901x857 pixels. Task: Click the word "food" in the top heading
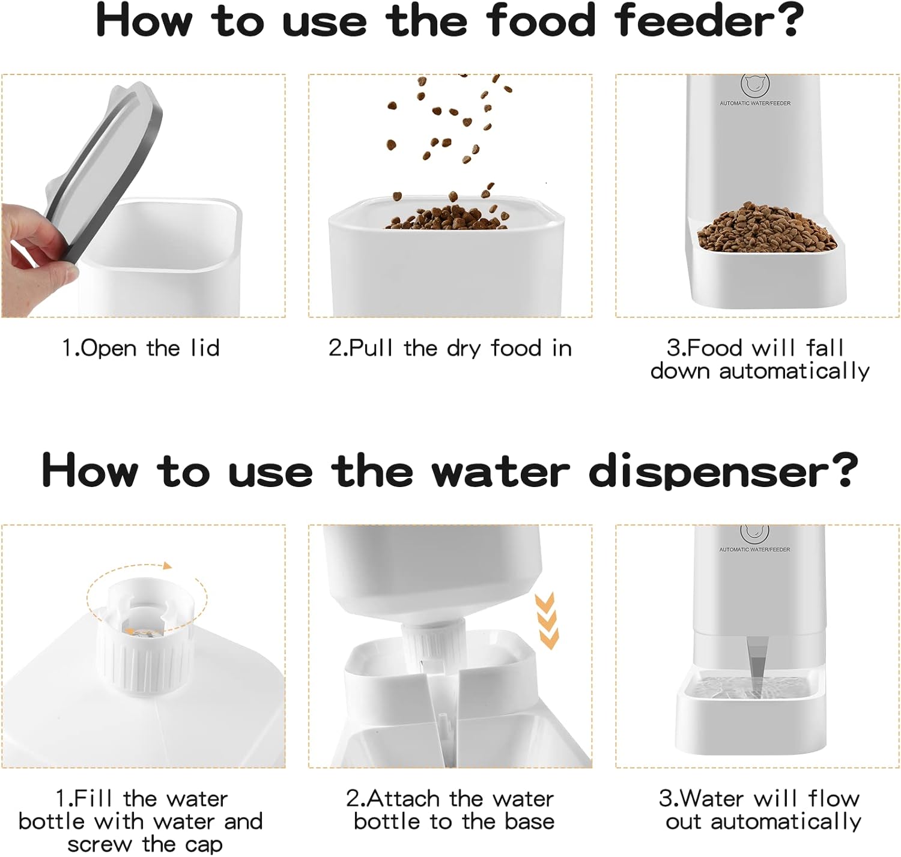pyautogui.click(x=541, y=20)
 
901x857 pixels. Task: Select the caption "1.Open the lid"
pyautogui.click(x=141, y=348)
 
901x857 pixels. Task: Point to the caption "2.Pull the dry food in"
pyautogui.click(x=450, y=348)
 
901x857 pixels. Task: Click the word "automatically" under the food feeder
pyautogui.click(x=793, y=371)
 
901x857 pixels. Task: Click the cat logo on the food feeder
pyautogui.click(x=755, y=84)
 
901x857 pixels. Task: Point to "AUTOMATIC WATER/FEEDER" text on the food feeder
pyautogui.click(x=755, y=103)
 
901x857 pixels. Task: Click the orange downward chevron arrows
pyautogui.click(x=547, y=620)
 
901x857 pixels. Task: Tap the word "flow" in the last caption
pyautogui.click(x=833, y=798)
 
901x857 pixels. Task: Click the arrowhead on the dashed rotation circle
pyautogui.click(x=167, y=566)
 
